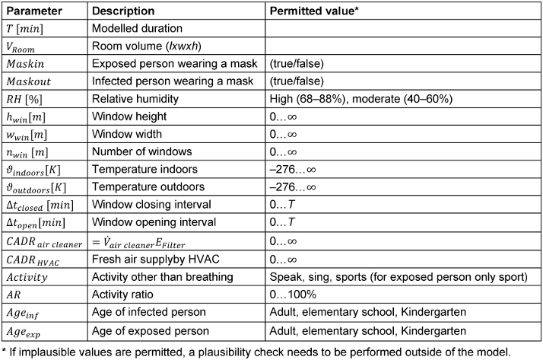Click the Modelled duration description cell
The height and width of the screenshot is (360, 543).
tap(135, 29)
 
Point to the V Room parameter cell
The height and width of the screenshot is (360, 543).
tap(25, 46)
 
